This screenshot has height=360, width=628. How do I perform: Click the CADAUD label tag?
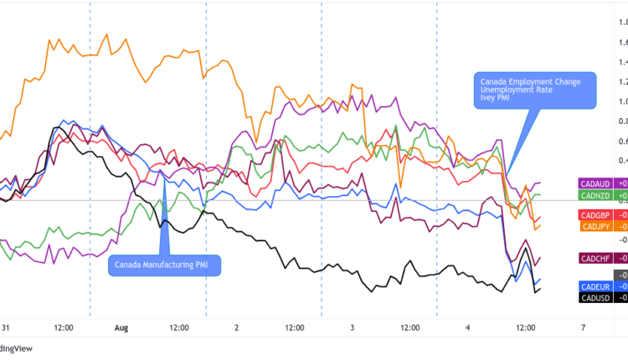pyautogui.click(x=597, y=183)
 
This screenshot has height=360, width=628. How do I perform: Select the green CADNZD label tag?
pyautogui.click(x=597, y=195)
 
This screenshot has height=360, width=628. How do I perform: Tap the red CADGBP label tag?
pyautogui.click(x=597, y=215)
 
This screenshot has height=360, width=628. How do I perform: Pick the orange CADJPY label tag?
pyautogui.click(x=597, y=226)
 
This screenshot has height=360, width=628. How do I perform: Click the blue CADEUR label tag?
pyautogui.click(x=597, y=285)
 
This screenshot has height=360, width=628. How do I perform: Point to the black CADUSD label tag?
pyautogui.click(x=597, y=296)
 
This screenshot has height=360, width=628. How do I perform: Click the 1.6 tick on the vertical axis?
pyautogui.click(x=622, y=43)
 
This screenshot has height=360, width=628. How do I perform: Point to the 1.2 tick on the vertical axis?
pyautogui.click(x=622, y=82)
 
